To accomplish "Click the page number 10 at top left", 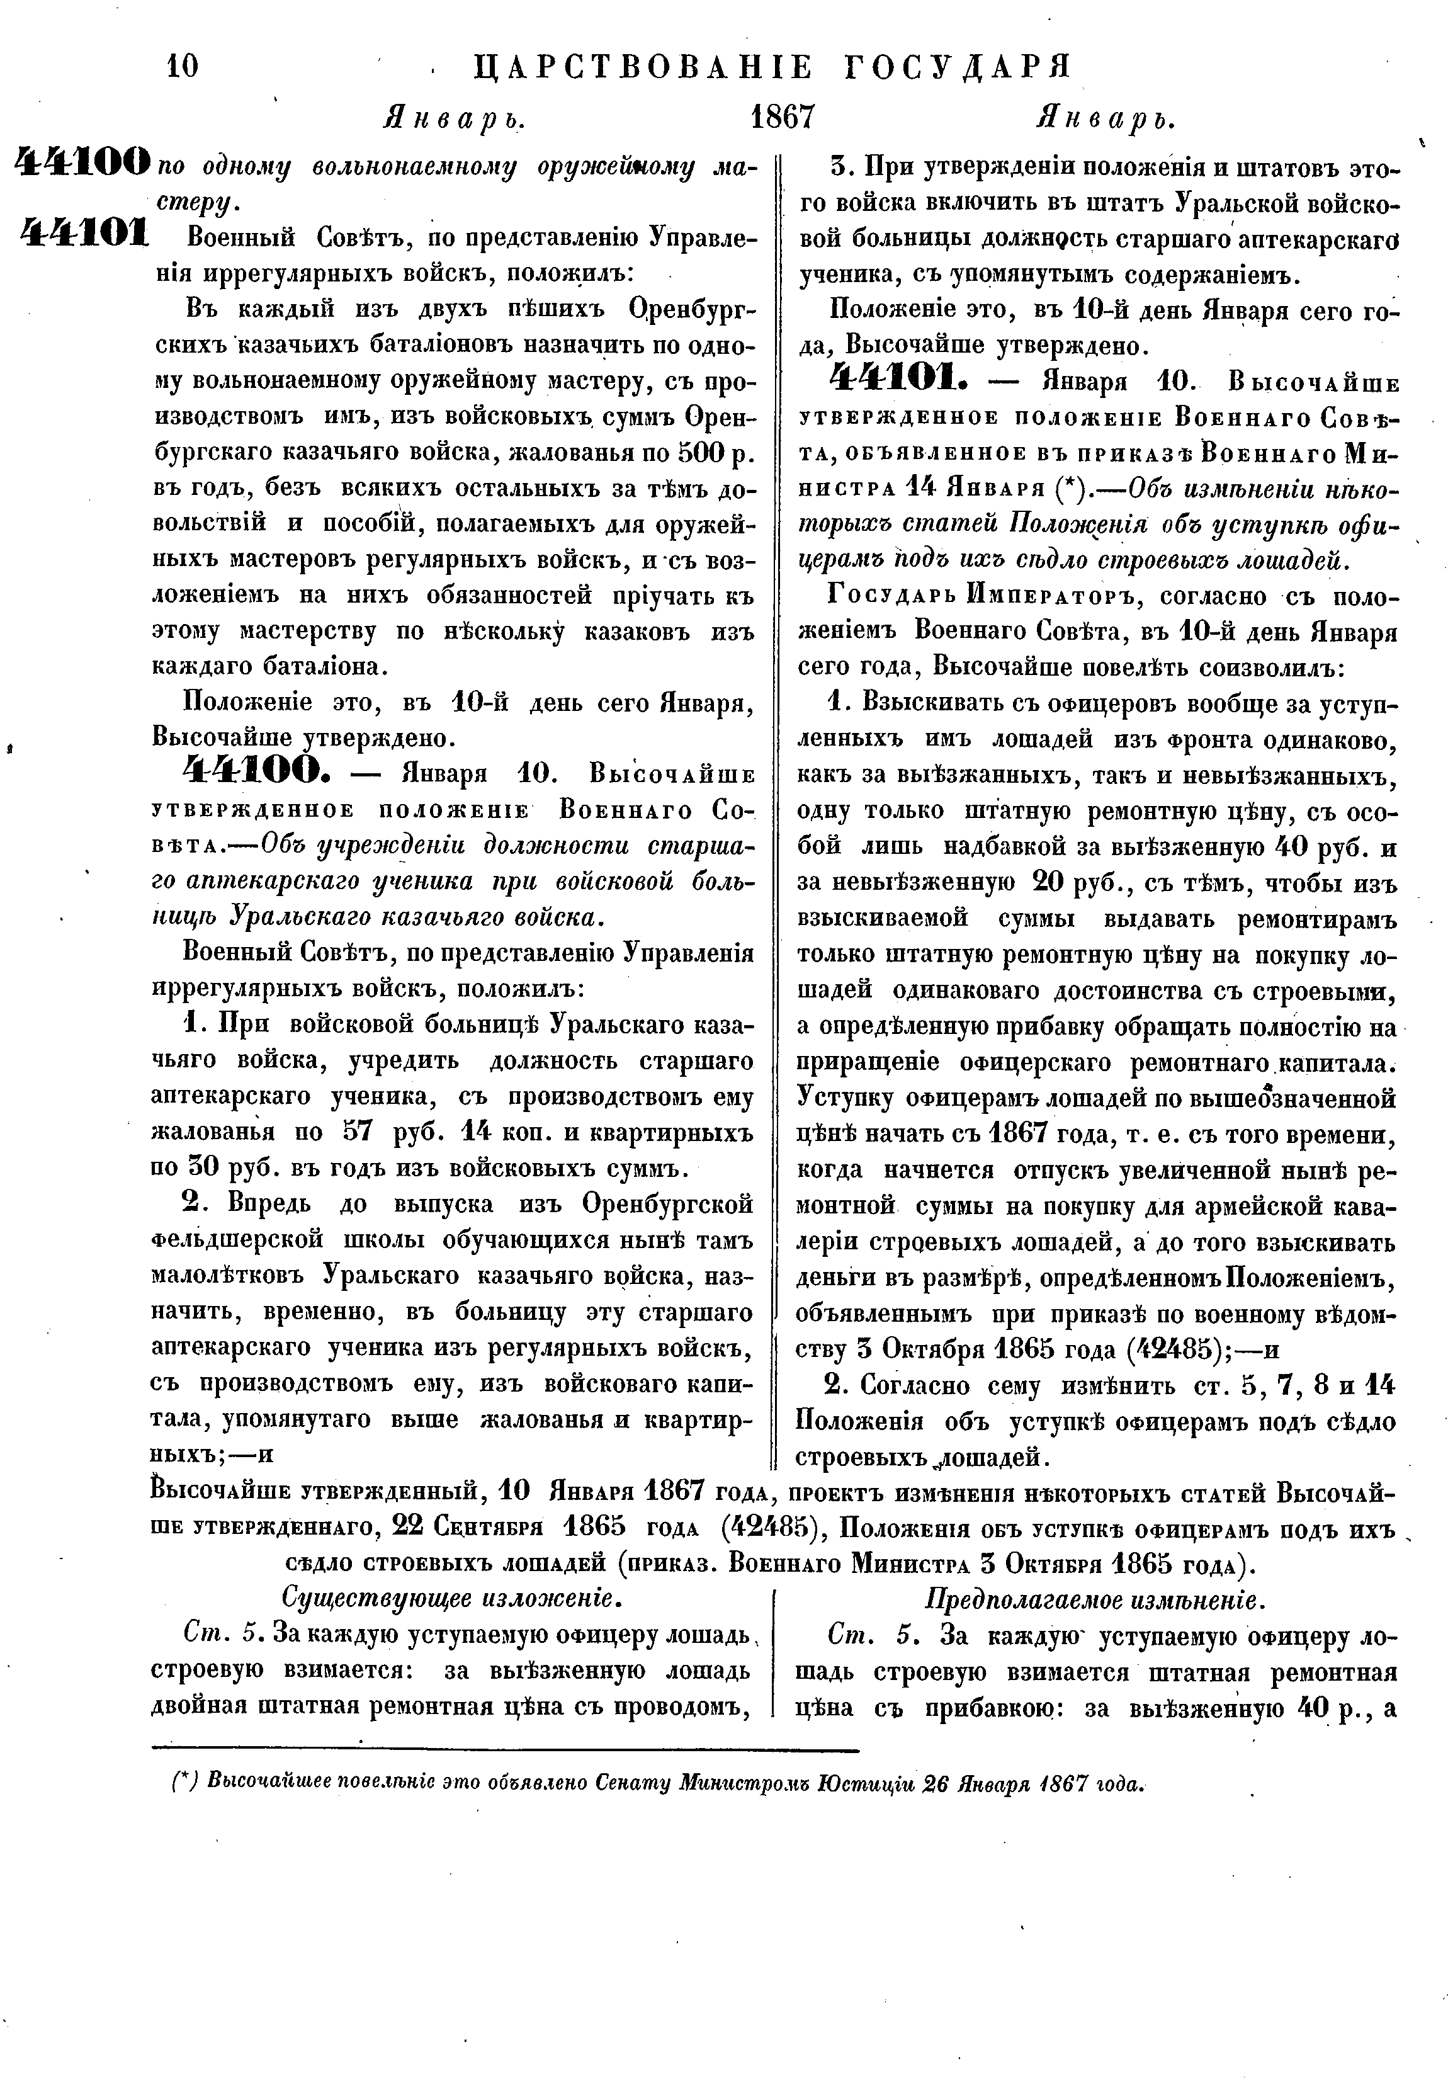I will point(183,66).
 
